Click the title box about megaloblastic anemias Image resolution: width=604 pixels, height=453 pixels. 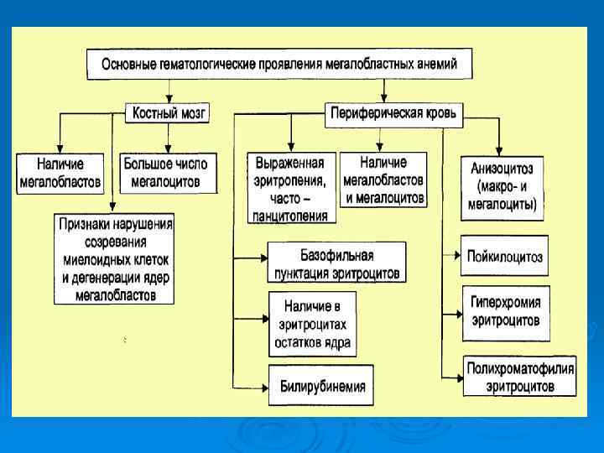pos(279,65)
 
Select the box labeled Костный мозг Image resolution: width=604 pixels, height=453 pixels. pos(166,112)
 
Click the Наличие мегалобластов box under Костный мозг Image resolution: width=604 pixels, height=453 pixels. pos(60,172)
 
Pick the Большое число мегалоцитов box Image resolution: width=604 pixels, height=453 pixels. pos(165,172)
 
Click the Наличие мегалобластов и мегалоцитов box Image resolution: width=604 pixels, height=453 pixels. pos(384,180)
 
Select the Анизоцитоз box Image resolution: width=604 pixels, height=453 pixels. pos(503,186)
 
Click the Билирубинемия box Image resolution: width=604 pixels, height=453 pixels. pos(322,387)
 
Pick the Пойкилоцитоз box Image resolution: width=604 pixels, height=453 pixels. pos(504,257)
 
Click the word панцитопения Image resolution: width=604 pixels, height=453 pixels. pos(291,216)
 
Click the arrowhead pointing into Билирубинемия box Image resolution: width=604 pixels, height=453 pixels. pos(265,386)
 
